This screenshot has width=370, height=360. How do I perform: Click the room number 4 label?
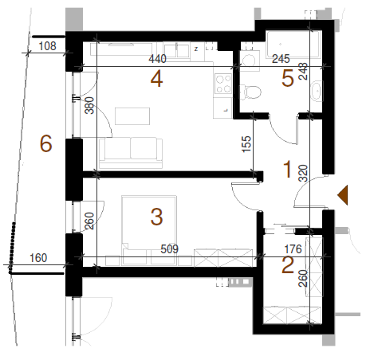tap(156, 79)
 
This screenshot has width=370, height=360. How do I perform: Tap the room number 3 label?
tap(156, 217)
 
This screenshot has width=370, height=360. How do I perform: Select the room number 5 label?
tap(288, 78)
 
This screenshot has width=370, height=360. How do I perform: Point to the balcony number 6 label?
tap(45, 143)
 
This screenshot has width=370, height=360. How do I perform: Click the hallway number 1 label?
tap(287, 169)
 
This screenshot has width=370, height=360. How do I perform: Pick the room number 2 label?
tap(288, 265)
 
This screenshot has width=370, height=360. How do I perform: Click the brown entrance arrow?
tap(343, 195)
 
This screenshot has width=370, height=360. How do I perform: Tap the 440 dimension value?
tap(157, 59)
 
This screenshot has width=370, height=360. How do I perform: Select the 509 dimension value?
tap(170, 249)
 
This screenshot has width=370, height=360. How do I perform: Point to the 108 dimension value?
tap(48, 46)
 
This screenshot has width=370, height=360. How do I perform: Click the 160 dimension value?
tap(38, 258)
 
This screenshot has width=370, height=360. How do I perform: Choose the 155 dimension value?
tap(246, 144)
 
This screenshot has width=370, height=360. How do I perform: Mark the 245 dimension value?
tap(281, 59)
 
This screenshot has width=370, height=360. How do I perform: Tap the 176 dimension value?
tap(293, 249)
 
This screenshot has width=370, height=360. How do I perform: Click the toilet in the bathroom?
tap(250, 92)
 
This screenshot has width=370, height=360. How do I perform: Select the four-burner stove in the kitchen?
tap(223, 84)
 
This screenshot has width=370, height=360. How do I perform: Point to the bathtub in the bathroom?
tap(293, 44)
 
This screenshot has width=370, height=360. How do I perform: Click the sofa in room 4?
tap(131, 153)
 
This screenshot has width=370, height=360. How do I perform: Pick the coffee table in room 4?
tap(132, 116)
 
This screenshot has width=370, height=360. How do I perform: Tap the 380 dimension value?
tap(89, 105)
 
